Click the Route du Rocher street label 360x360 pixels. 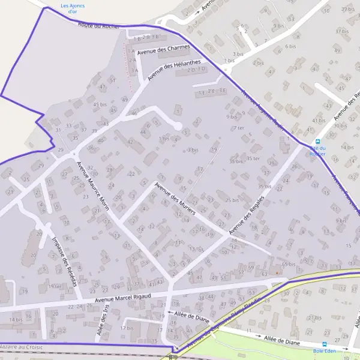click(99, 26)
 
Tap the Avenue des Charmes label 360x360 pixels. click(163, 50)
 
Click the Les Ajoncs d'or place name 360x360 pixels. click(73, 8)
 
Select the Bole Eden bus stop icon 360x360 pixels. click(325, 344)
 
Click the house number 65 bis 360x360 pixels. click(288, 264)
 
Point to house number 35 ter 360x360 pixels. click(253, 158)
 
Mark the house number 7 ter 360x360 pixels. click(239, 128)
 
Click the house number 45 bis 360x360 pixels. click(99, 104)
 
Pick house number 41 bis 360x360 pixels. click(319, 120)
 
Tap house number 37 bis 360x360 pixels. click(342, 31)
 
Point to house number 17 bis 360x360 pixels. click(127, 328)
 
